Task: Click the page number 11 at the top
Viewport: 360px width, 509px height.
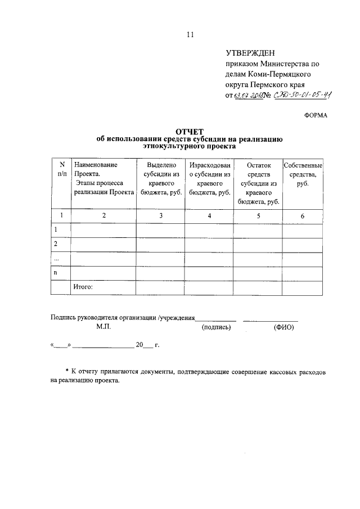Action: click(190, 34)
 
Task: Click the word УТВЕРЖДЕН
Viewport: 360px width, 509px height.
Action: click(250, 53)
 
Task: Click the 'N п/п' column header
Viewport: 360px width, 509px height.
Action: click(60, 169)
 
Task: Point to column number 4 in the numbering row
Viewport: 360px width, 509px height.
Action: click(209, 215)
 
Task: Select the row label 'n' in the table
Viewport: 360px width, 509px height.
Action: click(55, 272)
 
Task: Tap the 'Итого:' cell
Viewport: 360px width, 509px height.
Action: click(83, 287)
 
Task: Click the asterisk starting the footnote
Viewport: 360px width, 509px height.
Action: click(67, 371)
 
